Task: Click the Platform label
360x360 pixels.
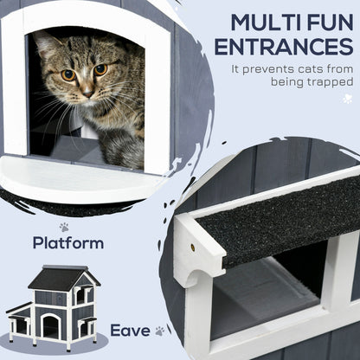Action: [x=67, y=243]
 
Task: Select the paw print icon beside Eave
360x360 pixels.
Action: [x=160, y=330]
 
